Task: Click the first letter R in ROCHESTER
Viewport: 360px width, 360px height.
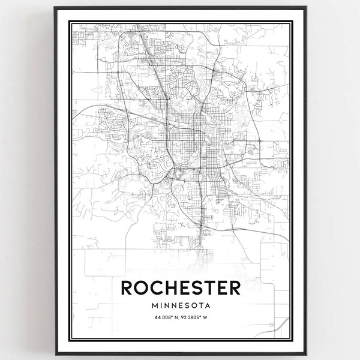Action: tap(128, 289)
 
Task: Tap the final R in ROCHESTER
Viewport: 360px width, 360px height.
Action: tap(233, 289)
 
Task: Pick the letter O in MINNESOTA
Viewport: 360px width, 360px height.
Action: tap(193, 306)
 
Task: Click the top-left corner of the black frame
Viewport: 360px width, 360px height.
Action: tap(55, 7)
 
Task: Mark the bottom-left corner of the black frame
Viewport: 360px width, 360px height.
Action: tap(55, 352)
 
